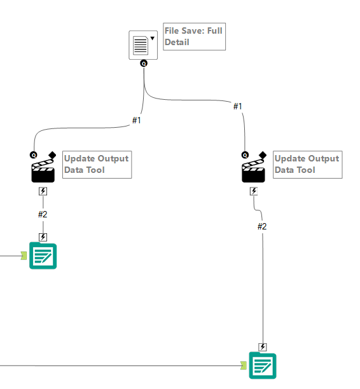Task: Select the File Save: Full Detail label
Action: pos(193,36)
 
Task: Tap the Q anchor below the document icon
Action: pos(144,64)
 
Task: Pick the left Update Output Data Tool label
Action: pos(97,164)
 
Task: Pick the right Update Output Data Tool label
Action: pos(307,164)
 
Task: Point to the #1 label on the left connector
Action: pos(136,120)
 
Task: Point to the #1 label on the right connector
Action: pos(238,106)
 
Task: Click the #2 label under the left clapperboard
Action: pos(43,214)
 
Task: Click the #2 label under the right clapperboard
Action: pos(262,226)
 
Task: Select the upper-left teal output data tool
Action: pos(43,256)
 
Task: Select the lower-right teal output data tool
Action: pos(263,365)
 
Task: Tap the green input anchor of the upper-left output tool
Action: pos(24,256)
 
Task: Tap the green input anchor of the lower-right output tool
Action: pos(243,365)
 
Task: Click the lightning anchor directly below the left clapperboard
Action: pos(43,191)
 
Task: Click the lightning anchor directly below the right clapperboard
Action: pos(254,191)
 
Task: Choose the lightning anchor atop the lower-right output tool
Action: pos(263,346)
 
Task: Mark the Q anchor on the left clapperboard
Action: pos(33,154)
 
